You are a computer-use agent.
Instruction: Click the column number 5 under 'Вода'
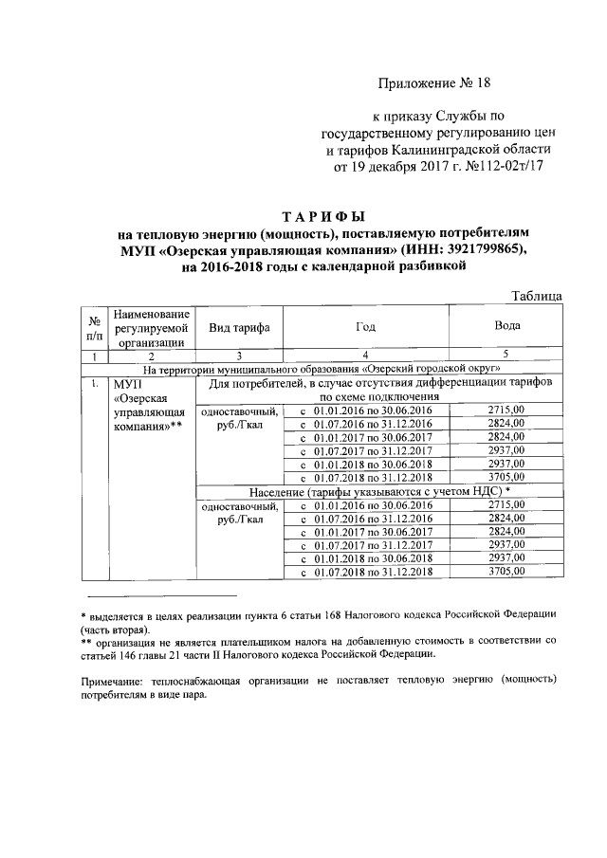click(507, 356)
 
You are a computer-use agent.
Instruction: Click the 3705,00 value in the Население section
click(507, 572)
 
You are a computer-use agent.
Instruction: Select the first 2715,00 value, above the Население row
click(507, 410)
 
